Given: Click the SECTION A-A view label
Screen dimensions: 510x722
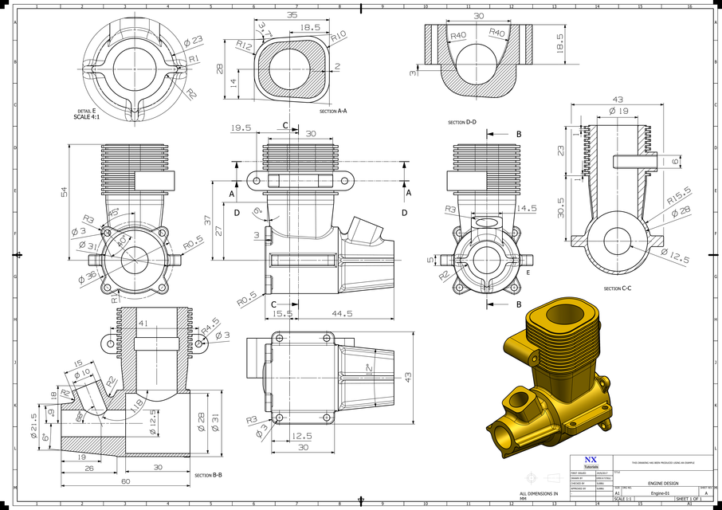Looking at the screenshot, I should tap(333, 112).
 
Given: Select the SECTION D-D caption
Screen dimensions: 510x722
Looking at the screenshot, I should tap(462, 123).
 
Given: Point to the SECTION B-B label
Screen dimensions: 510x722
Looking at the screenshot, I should tap(208, 475).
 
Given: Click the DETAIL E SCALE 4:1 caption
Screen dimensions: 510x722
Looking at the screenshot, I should tap(87, 114).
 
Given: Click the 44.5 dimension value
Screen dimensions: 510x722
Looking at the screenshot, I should tap(343, 314).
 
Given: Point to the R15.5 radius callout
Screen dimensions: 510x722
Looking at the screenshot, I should tap(679, 193).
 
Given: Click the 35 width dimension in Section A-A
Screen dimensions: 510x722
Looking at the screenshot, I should tap(291, 15).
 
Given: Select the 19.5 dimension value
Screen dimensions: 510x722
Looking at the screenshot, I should tap(241, 127).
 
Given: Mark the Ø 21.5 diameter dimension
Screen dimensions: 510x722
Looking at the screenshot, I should tap(33, 421).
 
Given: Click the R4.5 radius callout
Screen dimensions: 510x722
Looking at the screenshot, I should tap(210, 323).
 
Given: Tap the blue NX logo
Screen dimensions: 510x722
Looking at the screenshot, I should tap(590, 460).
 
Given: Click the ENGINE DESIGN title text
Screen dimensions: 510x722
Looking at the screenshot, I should tap(663, 484).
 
